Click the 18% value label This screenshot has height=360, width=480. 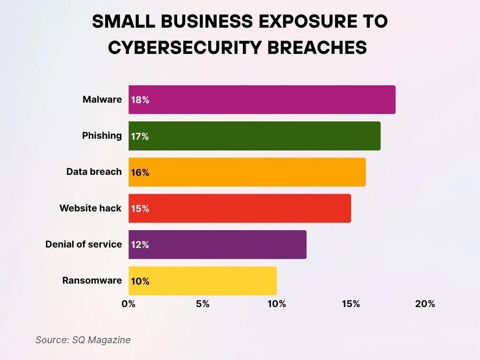[140, 100]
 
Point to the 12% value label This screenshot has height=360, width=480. [140, 245]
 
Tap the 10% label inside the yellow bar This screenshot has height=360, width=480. [140, 281]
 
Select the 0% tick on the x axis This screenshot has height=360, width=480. [128, 304]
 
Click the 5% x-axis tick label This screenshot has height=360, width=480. [202, 304]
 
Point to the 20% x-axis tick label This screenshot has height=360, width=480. [425, 304]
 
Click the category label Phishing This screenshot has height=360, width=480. [102, 135]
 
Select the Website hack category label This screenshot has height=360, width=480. [90, 208]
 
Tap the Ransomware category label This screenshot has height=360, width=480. [92, 281]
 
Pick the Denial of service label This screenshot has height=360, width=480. [83, 244]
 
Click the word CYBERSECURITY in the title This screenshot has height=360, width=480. [187, 47]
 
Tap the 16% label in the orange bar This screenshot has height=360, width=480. [140, 172]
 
